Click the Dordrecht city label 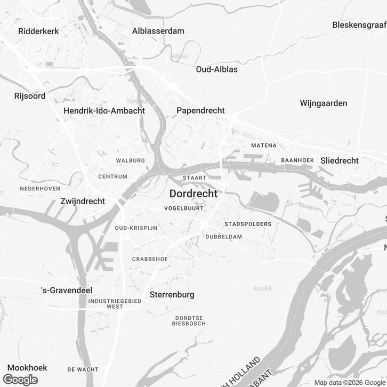coord(193,194)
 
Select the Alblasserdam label coord(158,31)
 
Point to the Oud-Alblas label coord(216,69)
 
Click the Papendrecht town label coord(200,110)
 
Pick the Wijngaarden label coord(324,103)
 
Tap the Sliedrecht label coord(340,160)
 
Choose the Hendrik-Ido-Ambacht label coord(104,110)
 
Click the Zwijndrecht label coord(83,201)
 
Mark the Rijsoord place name coord(30,96)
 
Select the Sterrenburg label coord(172,294)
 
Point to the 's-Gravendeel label coord(67,291)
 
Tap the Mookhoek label coord(27,368)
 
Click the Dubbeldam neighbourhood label coord(224,237)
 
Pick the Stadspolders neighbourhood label coord(248,224)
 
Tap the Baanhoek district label coord(296,160)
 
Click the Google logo coord(20,380)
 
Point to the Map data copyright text coord(350,382)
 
